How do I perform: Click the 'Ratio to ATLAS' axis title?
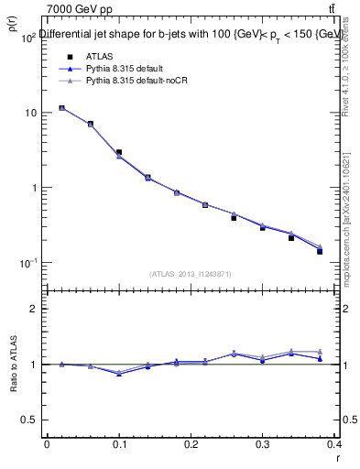coord(13,365)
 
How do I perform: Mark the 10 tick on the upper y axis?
coord(30,113)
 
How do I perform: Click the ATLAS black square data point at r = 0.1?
coord(119,152)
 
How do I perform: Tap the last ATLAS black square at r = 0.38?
coord(320,251)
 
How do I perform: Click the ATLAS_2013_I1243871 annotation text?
coord(191,274)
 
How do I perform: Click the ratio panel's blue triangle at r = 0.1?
coord(119,374)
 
